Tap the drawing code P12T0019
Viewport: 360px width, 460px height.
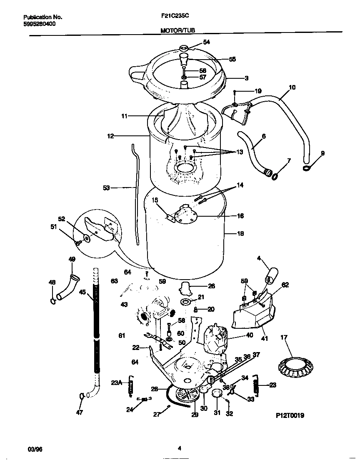click(x=290, y=415)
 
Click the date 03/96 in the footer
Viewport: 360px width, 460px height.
click(x=35, y=448)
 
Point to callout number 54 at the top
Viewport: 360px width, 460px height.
click(x=207, y=42)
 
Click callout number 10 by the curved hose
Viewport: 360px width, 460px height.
click(x=292, y=87)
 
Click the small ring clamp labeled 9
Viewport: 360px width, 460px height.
click(x=307, y=167)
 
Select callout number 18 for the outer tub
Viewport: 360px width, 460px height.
click(x=240, y=233)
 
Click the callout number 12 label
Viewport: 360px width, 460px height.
click(x=110, y=136)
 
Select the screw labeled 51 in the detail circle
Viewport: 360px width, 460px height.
click(x=77, y=242)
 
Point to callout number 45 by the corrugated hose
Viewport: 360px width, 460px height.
click(x=82, y=292)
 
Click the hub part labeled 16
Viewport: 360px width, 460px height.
click(x=185, y=215)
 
